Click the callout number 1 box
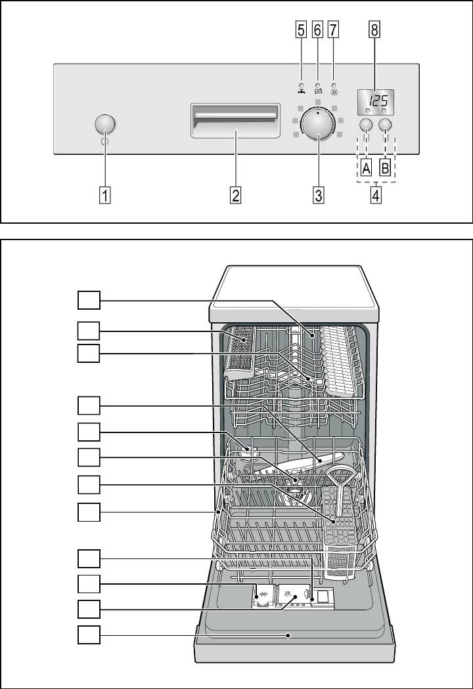pos(105,195)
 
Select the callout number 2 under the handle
pos(235,195)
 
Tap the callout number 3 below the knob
pos(318,195)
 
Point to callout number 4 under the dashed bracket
pos(376,195)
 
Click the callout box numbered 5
pos(301,30)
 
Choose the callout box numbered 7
pos(334,30)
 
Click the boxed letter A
pos(367,168)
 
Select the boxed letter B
pos(386,168)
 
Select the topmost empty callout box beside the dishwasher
pos(88,301)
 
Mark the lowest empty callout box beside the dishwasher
pos(88,635)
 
